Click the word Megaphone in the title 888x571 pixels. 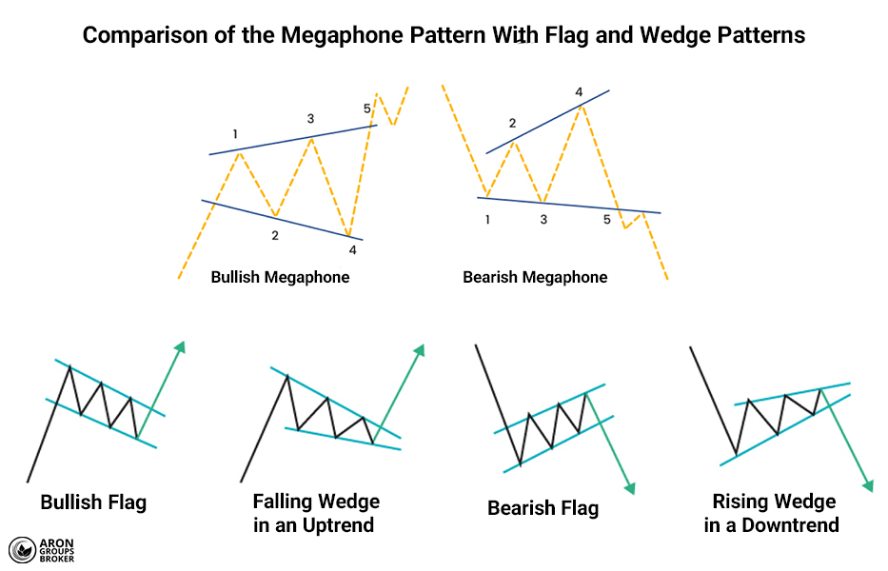pos(332,36)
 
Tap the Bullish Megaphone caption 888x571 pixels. pos(280,278)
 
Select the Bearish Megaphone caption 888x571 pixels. pos(535,278)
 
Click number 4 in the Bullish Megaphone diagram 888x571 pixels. pos(352,250)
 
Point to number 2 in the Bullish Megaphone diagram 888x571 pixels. pos(274,235)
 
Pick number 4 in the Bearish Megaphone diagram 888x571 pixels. pos(579,92)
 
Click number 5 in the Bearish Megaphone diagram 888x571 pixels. pos(607,220)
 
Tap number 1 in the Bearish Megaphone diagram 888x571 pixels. pos(487,220)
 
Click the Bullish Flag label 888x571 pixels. pos(93,502)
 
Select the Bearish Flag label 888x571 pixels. pos(543,508)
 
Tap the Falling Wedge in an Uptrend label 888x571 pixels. pos(316,513)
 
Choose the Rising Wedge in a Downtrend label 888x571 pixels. pos(773,513)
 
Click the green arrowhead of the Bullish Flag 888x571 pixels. pos(179,345)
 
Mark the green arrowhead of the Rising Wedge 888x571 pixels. pos(867,485)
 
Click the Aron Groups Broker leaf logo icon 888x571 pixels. pos(21,550)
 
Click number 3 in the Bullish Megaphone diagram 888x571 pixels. pos(310,119)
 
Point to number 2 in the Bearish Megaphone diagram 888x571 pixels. pos(512,124)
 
